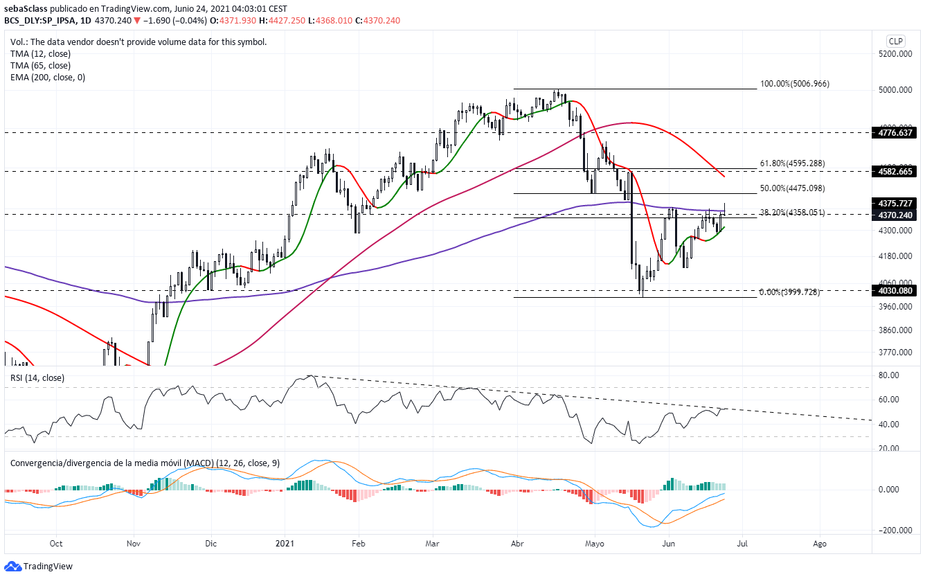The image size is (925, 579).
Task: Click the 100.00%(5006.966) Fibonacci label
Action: click(x=794, y=84)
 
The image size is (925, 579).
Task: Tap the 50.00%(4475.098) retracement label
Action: click(x=792, y=188)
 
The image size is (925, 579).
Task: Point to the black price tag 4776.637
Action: click(x=895, y=132)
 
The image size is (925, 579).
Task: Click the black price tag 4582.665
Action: click(x=895, y=170)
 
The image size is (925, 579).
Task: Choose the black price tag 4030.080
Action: click(x=895, y=291)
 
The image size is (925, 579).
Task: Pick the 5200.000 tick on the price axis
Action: click(x=895, y=54)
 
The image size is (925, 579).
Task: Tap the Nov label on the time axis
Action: click(x=134, y=544)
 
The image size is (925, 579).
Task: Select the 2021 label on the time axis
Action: click(x=285, y=544)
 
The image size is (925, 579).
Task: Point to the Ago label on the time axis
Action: click(x=819, y=544)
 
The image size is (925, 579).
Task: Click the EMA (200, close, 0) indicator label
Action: click(x=48, y=78)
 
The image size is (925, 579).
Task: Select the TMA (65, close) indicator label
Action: click(x=40, y=66)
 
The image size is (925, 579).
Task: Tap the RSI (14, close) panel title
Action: click(x=36, y=377)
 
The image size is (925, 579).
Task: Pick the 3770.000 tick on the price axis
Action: click(x=895, y=353)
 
